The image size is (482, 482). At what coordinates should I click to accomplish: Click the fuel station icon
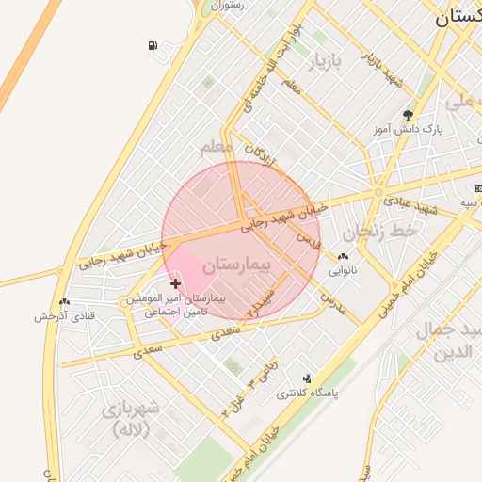click(153, 45)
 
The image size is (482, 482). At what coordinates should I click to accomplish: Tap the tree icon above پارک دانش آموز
click(407, 113)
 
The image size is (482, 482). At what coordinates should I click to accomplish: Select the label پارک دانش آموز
click(407, 127)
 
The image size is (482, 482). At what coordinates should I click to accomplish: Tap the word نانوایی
click(343, 271)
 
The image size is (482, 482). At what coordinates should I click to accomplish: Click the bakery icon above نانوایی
click(343, 257)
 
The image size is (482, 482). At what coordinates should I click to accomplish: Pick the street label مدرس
click(333, 302)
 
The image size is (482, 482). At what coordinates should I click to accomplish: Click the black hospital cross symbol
click(175, 283)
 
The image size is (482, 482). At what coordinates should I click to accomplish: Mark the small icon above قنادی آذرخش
click(64, 302)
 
